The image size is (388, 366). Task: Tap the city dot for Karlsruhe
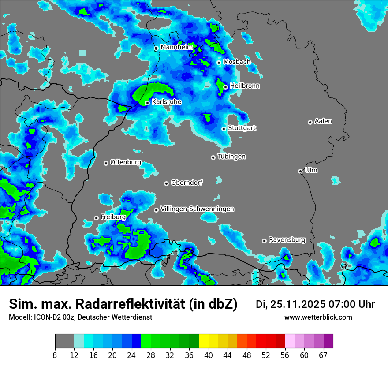tap(148, 103)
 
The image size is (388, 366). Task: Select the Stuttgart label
tap(242, 128)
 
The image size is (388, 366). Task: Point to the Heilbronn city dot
tap(225, 87)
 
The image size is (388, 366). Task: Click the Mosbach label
tap(236, 62)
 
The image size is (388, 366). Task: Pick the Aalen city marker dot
tap(310, 122)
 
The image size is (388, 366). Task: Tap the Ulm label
tap(311, 170)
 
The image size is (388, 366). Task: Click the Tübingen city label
tap(231, 157)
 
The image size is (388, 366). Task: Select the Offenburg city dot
tap(106, 163)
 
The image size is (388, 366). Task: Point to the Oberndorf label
tap(187, 183)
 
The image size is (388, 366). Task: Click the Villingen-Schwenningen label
tap(197, 209)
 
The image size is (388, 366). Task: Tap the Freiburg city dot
tap(96, 218)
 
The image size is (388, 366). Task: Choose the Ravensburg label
tap(287, 240)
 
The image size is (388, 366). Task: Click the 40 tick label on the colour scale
tap(208, 355)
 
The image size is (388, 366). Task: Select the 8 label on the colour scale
tap(55, 355)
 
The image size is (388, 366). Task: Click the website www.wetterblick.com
tap(318, 317)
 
